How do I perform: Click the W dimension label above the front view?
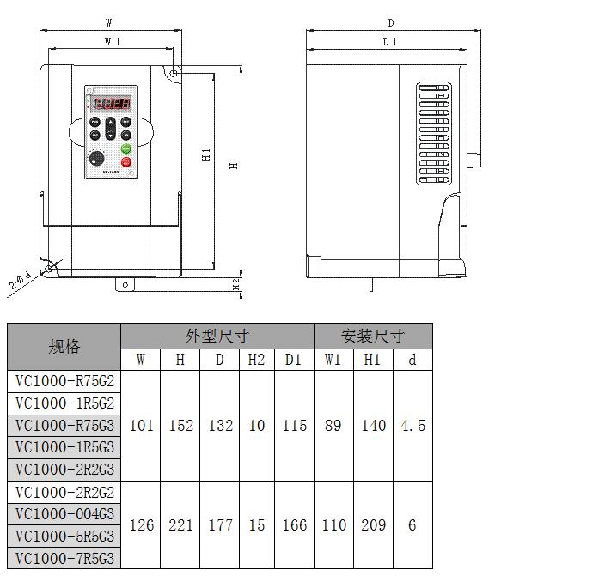click(x=108, y=22)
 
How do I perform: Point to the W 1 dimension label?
click(x=112, y=41)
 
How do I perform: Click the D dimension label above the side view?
click(x=390, y=23)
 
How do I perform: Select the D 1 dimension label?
click(x=389, y=41)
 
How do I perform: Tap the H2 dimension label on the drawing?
click(x=236, y=284)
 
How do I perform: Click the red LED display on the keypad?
click(x=112, y=104)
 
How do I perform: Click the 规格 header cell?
click(x=64, y=347)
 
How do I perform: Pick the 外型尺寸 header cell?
click(x=217, y=336)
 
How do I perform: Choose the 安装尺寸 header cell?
click(x=372, y=336)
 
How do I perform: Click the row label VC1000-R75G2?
click(x=64, y=381)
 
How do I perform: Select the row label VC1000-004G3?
click(x=64, y=515)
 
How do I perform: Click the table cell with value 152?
click(x=180, y=426)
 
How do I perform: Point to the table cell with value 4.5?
click(x=412, y=426)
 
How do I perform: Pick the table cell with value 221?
click(x=180, y=525)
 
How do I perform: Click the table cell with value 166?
click(x=294, y=525)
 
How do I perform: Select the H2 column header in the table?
click(x=256, y=360)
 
